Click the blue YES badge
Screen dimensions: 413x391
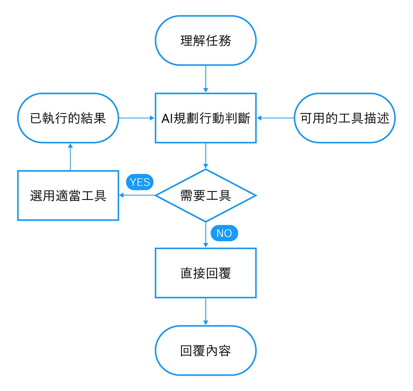click(x=140, y=182)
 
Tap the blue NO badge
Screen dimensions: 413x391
click(x=224, y=233)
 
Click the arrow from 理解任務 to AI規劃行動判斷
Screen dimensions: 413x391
click(x=206, y=79)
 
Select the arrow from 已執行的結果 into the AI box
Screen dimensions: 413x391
click(x=137, y=118)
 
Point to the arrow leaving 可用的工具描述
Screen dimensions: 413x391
click(x=275, y=118)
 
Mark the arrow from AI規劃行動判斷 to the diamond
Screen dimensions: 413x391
click(x=206, y=156)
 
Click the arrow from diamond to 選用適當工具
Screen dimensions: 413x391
click(x=137, y=195)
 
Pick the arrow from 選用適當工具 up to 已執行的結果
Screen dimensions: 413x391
click(x=70, y=157)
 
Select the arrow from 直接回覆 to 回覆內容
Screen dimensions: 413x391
click(x=206, y=312)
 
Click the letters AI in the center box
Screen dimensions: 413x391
click(x=167, y=118)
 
